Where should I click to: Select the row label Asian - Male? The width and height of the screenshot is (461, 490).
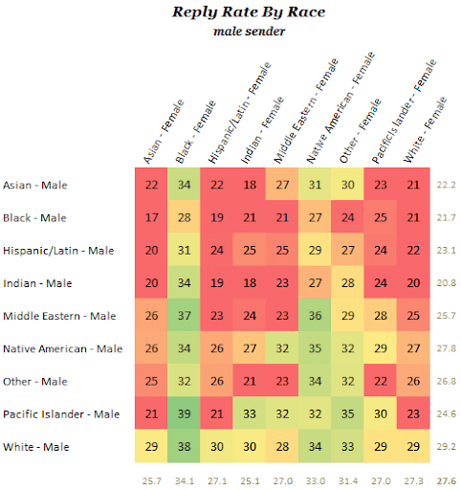pos(35,185)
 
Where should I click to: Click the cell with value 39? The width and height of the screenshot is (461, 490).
pos(185,413)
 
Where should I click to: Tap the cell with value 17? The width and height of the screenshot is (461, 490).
pos(151,217)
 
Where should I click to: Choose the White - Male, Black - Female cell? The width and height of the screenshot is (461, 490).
pos(185,446)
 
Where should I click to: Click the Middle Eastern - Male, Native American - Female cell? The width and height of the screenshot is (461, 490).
pos(317,316)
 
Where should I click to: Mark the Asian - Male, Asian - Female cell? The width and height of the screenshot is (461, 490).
pos(151,185)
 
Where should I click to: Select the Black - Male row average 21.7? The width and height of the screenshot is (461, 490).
pos(445,217)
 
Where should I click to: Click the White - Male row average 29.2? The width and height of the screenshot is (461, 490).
pos(445,446)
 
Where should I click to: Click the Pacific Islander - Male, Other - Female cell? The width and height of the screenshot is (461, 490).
pos(349,413)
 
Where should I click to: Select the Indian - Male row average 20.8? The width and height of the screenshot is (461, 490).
pos(445,283)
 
